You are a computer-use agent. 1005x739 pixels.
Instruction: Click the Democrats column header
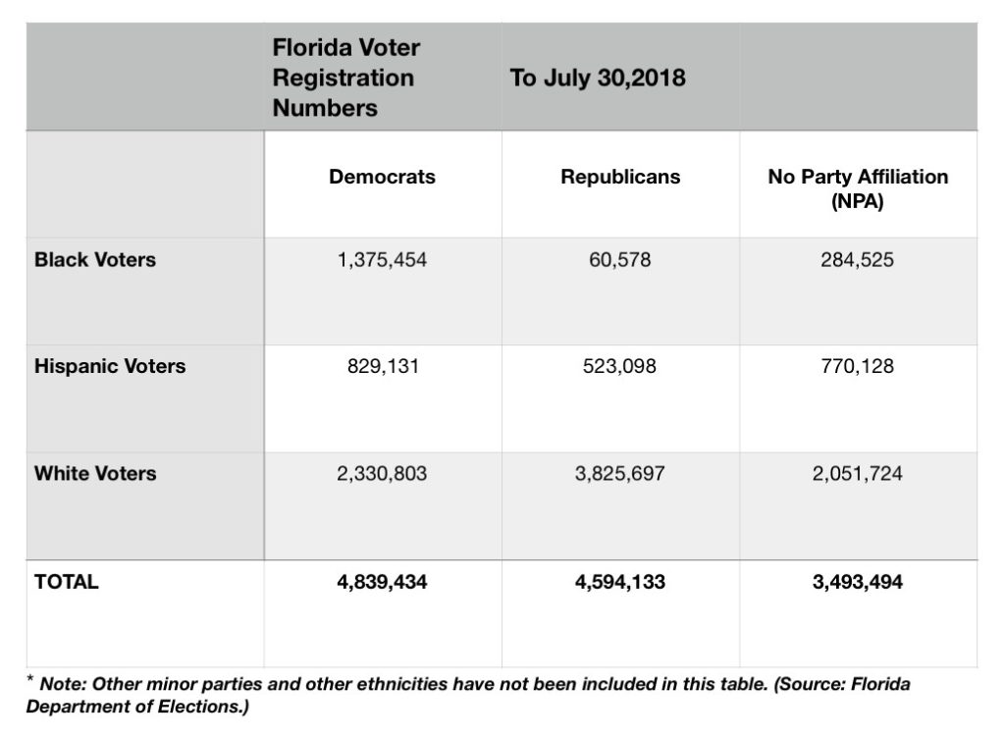pos(382,178)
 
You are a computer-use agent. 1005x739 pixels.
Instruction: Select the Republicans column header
pos(620,178)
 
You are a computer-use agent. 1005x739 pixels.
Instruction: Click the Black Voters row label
pos(95,261)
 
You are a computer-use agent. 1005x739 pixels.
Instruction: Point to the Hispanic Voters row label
pos(110,367)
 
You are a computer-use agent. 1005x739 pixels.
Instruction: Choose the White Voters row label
pos(95,474)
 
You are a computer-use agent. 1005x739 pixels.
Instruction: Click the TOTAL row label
pos(67,581)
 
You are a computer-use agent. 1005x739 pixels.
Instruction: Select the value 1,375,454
pos(382,261)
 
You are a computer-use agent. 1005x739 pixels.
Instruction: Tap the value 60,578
pos(620,261)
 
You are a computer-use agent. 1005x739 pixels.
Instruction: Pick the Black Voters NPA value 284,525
pos(858,261)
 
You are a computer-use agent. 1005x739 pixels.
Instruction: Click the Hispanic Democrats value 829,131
pos(382,367)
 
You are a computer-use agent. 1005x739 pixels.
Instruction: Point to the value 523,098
pos(620,367)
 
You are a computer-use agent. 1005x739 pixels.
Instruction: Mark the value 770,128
pos(858,367)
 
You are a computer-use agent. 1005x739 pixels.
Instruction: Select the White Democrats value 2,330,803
pos(382,474)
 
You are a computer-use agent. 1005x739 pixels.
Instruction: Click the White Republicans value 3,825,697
pos(620,474)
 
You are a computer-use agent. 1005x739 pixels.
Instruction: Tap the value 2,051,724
pos(858,474)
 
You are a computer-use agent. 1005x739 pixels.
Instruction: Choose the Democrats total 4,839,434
pos(382,582)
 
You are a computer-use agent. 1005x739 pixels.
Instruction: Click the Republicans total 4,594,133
pos(620,582)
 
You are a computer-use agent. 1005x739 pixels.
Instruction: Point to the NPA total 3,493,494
pos(858,582)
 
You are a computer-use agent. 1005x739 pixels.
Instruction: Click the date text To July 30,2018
pos(598,79)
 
